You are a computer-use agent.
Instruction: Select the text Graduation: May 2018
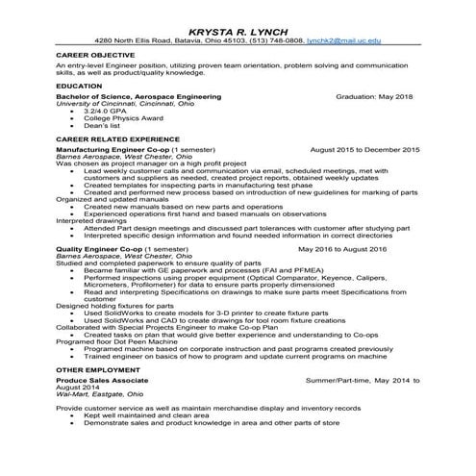378,97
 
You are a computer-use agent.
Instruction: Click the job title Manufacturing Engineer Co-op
113,151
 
